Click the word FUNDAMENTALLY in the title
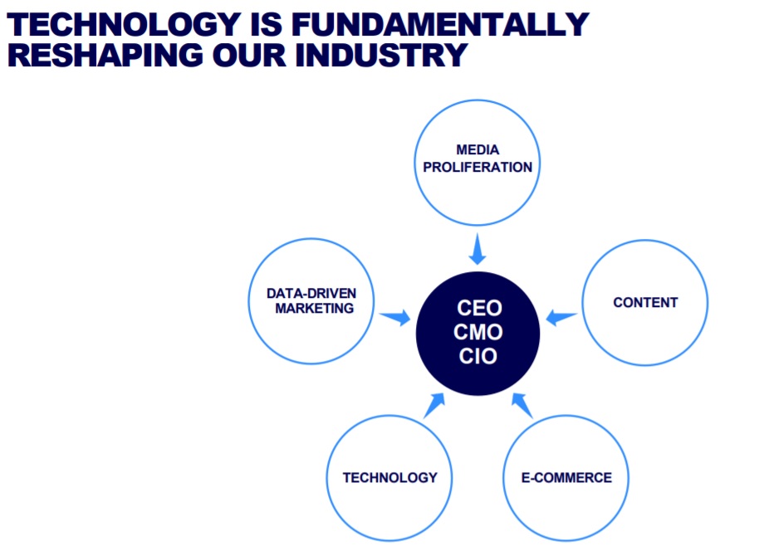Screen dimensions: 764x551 click(440, 24)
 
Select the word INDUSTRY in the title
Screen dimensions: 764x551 click(381, 55)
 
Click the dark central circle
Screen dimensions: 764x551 click(477, 334)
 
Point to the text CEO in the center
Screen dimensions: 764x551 click(479, 308)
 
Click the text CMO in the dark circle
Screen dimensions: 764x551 click(478, 332)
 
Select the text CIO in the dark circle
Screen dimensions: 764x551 click(478, 356)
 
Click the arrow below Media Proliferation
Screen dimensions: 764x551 click(477, 249)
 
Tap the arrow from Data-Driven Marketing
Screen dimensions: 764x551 click(395, 318)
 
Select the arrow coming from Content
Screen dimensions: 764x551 click(561, 317)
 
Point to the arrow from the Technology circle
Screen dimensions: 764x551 click(434, 405)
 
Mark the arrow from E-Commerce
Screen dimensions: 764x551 click(522, 405)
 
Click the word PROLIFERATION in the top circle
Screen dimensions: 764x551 click(477, 168)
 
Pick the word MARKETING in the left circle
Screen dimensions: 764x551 click(314, 309)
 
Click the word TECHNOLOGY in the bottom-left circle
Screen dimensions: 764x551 click(389, 478)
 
